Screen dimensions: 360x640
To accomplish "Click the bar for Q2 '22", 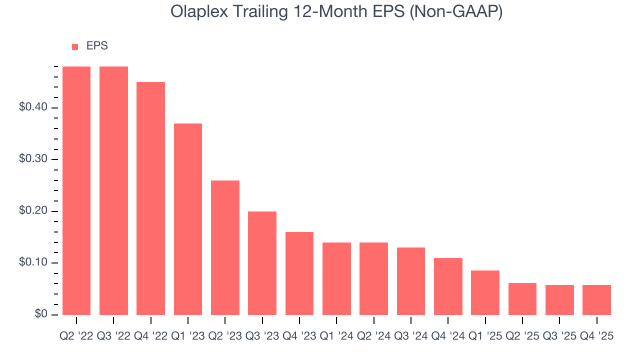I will pyautogui.click(x=76, y=190).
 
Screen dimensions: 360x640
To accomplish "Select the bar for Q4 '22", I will pyautogui.click(x=151, y=198).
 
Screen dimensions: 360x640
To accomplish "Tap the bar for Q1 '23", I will pyautogui.click(x=188, y=219).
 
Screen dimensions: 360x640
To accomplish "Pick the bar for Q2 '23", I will pyautogui.click(x=225, y=247).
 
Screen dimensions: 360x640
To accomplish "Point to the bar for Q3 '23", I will pyautogui.click(x=262, y=263).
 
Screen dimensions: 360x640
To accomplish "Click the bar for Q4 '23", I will pyautogui.click(x=299, y=273).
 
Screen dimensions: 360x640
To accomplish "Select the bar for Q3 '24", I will pyautogui.click(x=411, y=281).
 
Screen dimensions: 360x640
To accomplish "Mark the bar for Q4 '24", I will pyautogui.click(x=448, y=286).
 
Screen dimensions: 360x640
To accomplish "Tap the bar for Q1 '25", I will pyautogui.click(x=485, y=292).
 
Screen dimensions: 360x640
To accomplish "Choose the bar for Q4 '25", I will pyautogui.click(x=596, y=300).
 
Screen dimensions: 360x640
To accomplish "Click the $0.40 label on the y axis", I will pyautogui.click(x=33, y=108).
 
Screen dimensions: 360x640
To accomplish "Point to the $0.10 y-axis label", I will pyautogui.click(x=33, y=263).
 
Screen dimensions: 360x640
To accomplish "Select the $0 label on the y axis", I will pyautogui.click(x=41, y=314).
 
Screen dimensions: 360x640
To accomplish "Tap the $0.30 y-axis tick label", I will pyautogui.click(x=33, y=159).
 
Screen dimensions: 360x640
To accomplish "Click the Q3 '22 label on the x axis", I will pyautogui.click(x=113, y=336).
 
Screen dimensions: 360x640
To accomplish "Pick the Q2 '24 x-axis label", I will pyautogui.click(x=373, y=336).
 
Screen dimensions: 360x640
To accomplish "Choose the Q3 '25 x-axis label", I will pyautogui.click(x=559, y=336).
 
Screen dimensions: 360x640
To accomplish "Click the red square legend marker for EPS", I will pyautogui.click(x=75, y=46).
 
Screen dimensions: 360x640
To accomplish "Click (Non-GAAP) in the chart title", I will pyautogui.click(x=456, y=11).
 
